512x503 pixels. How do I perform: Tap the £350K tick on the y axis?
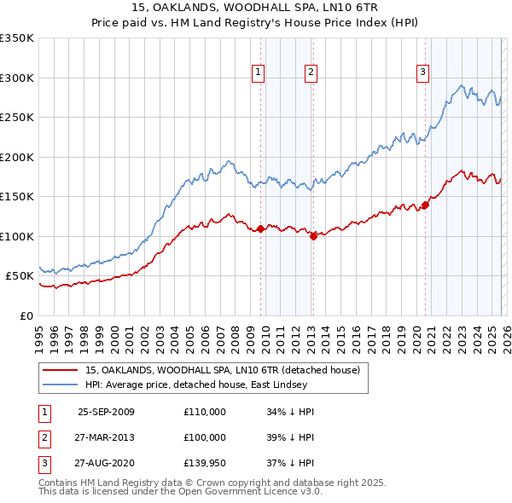pos(17,38)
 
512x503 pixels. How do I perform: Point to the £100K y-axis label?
pos(17,236)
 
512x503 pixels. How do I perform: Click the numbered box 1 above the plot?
pos(258,72)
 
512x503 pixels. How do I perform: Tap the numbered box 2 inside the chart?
pos(311,72)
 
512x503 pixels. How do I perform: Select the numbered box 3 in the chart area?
pos(422,72)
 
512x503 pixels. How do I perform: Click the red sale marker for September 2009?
pos(260,228)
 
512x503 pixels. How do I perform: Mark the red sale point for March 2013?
pos(313,236)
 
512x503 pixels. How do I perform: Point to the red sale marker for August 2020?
pos(424,205)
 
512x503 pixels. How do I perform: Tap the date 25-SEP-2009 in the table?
pos(106,412)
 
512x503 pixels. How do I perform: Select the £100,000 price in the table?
pos(205,437)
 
